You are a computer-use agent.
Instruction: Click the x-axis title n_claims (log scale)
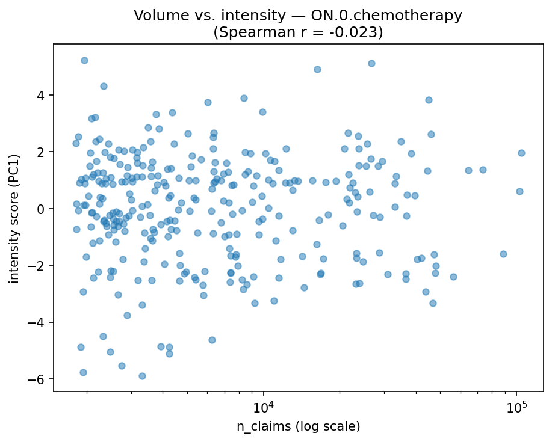click(x=298, y=427)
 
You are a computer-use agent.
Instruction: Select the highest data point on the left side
click(x=84, y=60)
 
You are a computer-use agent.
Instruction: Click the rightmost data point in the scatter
click(x=521, y=153)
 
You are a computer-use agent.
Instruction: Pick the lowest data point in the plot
click(x=142, y=376)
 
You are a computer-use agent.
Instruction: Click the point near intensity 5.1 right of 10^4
click(x=371, y=63)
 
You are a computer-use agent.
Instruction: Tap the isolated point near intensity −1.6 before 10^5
click(x=503, y=254)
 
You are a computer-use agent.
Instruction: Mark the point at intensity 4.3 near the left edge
click(x=104, y=86)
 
